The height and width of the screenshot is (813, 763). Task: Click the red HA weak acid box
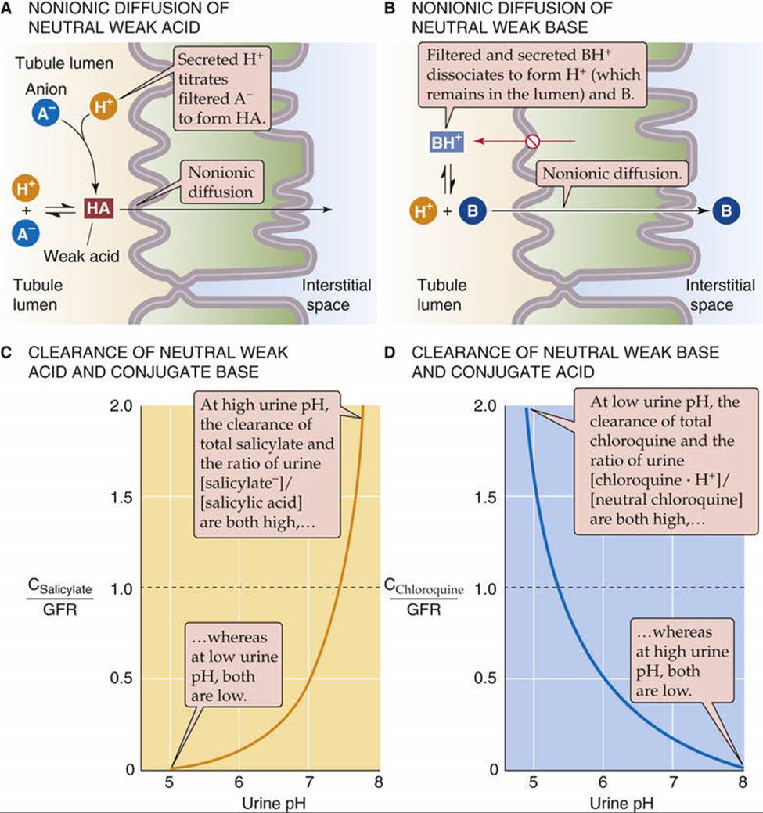click(99, 209)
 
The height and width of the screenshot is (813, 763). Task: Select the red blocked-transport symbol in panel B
click(532, 142)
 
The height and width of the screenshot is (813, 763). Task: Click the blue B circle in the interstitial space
click(726, 211)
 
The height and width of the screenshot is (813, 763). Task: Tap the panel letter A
click(7, 9)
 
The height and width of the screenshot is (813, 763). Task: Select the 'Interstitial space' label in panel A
click(337, 294)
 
